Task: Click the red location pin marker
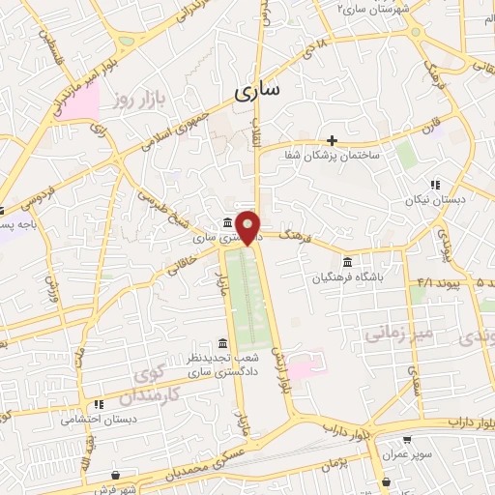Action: coord(249,226)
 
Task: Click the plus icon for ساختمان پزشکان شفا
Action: coord(332,140)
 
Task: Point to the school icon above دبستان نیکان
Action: coord(436,185)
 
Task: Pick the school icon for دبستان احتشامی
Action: coord(98,404)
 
